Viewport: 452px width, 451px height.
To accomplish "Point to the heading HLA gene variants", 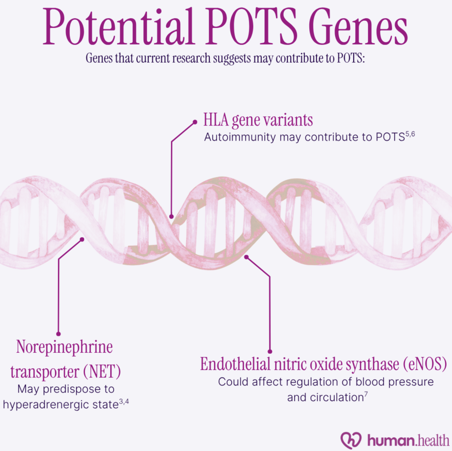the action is click(x=258, y=120).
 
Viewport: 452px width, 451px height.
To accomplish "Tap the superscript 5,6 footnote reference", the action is click(x=410, y=134).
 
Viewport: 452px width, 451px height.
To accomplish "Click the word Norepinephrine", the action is click(x=65, y=347).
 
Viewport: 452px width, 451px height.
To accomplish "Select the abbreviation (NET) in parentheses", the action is click(x=102, y=372).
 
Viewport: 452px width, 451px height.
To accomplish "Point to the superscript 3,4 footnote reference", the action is click(x=124, y=402).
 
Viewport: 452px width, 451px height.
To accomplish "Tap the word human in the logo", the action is click(x=391, y=441).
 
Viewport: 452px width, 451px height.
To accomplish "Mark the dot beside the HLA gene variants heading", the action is click(x=195, y=122).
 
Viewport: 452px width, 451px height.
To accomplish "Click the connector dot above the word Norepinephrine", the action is click(x=59, y=334).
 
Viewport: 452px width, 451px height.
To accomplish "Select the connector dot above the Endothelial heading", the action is click(x=270, y=352).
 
